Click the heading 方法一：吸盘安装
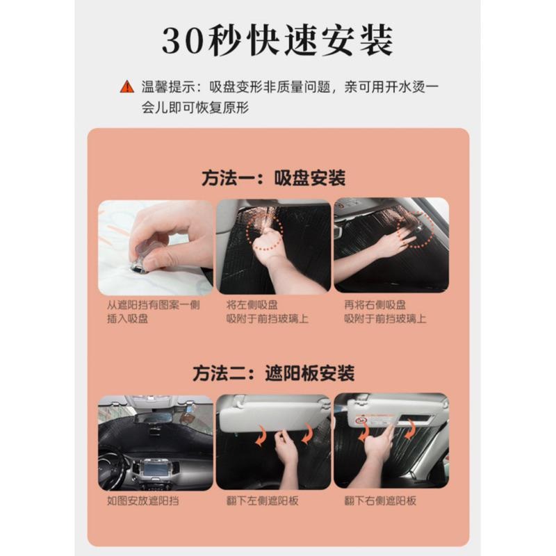point(273,178)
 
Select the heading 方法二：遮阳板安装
point(273,373)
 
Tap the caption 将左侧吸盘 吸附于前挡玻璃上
point(267,311)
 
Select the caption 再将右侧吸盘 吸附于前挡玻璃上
point(384,311)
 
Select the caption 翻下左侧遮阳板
point(262,500)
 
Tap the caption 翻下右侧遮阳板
point(379,500)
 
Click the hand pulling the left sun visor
point(286,452)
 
